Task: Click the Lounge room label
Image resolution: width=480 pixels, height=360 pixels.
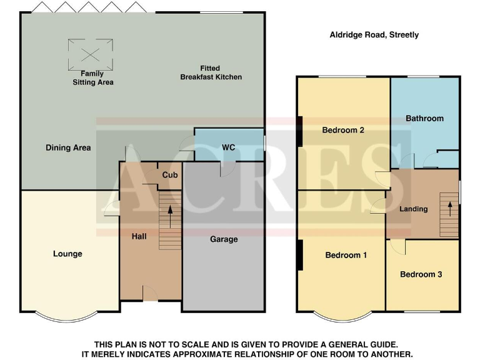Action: [67, 254]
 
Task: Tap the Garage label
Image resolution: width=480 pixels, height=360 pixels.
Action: [224, 239]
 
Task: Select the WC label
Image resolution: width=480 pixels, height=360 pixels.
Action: [229, 147]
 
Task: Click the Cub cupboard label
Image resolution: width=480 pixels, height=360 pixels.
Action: [170, 175]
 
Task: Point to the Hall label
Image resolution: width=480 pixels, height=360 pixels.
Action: [139, 237]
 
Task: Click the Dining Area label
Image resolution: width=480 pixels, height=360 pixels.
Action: [68, 148]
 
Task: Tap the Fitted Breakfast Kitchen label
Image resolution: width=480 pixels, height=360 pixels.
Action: [211, 72]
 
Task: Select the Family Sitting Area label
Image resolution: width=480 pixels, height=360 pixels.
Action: [92, 78]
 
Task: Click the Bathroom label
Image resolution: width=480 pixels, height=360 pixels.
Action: [424, 118]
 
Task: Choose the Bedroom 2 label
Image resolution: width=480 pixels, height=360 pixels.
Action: [343, 130]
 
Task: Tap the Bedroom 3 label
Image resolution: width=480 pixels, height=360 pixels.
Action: [421, 274]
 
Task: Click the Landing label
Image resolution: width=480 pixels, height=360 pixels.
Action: [413, 209]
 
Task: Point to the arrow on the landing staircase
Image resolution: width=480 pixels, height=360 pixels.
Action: [449, 209]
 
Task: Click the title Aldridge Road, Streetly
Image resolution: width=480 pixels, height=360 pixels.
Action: [374, 35]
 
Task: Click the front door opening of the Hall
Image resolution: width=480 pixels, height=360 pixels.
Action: [150, 294]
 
